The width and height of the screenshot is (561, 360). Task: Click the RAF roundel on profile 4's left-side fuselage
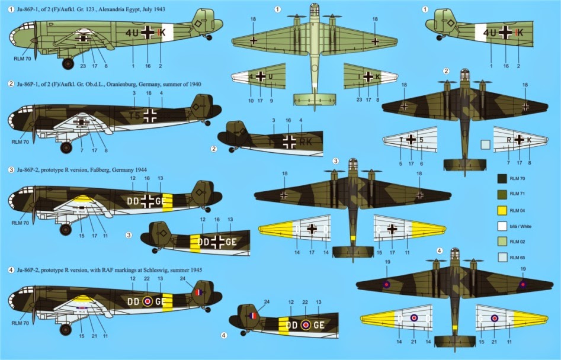click(x=147, y=301)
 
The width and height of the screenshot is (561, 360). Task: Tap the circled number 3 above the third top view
click(x=335, y=161)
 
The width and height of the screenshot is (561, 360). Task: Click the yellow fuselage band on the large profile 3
click(x=167, y=201)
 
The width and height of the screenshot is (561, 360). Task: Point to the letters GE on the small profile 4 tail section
click(x=318, y=325)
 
